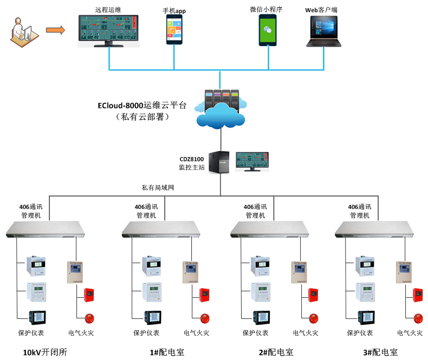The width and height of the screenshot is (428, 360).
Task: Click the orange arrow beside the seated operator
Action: pyautogui.click(x=54, y=30)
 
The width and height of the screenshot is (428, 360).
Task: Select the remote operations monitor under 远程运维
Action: pyautogui.click(x=109, y=30)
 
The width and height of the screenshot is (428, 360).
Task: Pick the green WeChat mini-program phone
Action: pyautogui.click(x=267, y=29)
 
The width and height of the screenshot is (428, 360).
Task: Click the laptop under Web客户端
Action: pyautogui.click(x=325, y=31)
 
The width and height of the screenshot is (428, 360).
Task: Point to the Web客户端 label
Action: pyautogui.click(x=325, y=10)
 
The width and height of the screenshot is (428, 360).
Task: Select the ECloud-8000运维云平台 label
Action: pyautogui.click(x=142, y=106)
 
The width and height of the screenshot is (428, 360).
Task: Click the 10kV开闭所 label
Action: pyautogui.click(x=45, y=352)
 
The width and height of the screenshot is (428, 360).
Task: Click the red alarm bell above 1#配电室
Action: pyautogui.click(x=204, y=318)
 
